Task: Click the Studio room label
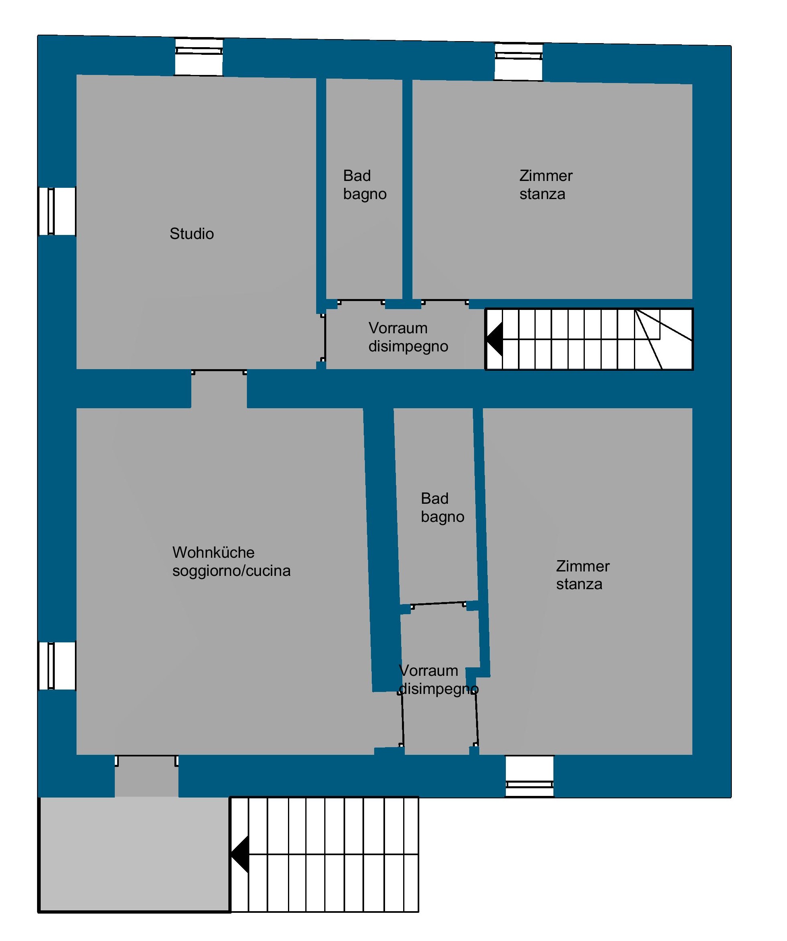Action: click(192, 234)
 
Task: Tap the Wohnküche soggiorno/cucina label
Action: click(231, 561)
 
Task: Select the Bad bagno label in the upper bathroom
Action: click(365, 185)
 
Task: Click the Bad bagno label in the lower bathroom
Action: click(442, 508)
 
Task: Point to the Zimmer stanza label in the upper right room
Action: click(546, 185)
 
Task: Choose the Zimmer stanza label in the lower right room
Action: click(582, 575)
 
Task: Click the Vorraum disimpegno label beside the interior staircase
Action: click(408, 337)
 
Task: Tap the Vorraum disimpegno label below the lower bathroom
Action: click(439, 679)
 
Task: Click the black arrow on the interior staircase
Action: click(495, 339)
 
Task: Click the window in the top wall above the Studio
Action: click(199, 57)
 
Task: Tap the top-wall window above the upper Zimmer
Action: click(519, 62)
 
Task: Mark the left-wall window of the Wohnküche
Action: click(57, 666)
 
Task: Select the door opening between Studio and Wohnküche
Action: click(219, 388)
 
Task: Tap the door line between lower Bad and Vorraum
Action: click(439, 604)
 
